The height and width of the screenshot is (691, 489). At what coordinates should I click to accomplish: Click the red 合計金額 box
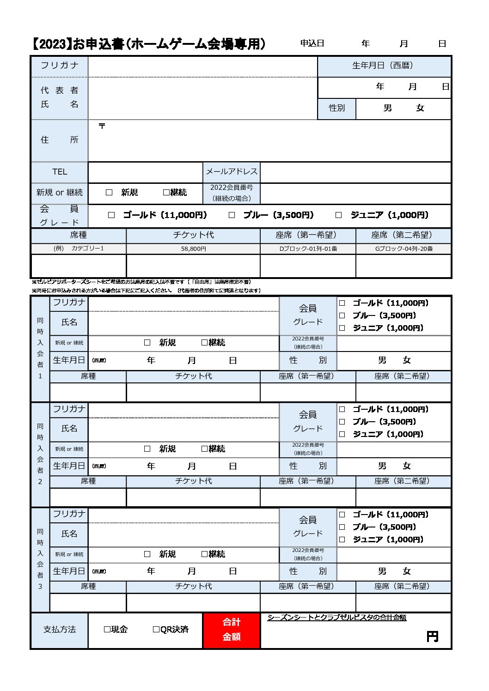(x=231, y=630)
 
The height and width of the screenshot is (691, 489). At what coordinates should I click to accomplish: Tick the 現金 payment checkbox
(x=107, y=630)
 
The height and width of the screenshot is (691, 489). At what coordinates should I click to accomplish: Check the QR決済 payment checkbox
(x=156, y=630)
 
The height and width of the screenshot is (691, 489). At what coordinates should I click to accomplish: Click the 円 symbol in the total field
(x=432, y=637)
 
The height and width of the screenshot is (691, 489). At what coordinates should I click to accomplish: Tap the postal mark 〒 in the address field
(x=102, y=126)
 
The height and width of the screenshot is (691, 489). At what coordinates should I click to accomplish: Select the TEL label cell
(x=60, y=172)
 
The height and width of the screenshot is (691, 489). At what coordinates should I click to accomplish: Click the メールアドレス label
(x=231, y=172)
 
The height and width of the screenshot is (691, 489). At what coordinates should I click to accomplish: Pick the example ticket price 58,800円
(x=193, y=249)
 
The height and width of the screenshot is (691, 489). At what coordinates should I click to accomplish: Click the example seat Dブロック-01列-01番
(x=308, y=249)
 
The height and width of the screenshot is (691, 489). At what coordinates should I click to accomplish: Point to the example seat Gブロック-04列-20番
(x=403, y=249)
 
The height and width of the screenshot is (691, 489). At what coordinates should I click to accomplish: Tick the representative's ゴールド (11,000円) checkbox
(x=111, y=215)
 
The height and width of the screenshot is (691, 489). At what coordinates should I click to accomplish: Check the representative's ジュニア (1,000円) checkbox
(x=338, y=215)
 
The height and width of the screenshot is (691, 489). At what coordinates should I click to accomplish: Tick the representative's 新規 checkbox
(x=109, y=193)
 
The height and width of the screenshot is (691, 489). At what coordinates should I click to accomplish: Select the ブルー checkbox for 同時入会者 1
(x=342, y=315)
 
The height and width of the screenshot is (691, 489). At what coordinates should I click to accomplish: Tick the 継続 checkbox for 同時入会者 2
(x=204, y=449)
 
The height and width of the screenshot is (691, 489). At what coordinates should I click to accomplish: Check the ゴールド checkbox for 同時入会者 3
(x=342, y=515)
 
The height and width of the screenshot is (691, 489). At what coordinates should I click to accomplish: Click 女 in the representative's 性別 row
(x=420, y=108)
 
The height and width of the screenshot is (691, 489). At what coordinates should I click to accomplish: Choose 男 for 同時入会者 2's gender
(x=382, y=466)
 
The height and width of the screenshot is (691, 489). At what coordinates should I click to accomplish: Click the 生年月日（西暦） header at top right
(x=383, y=66)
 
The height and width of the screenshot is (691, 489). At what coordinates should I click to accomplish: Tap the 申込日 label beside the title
(x=312, y=43)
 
